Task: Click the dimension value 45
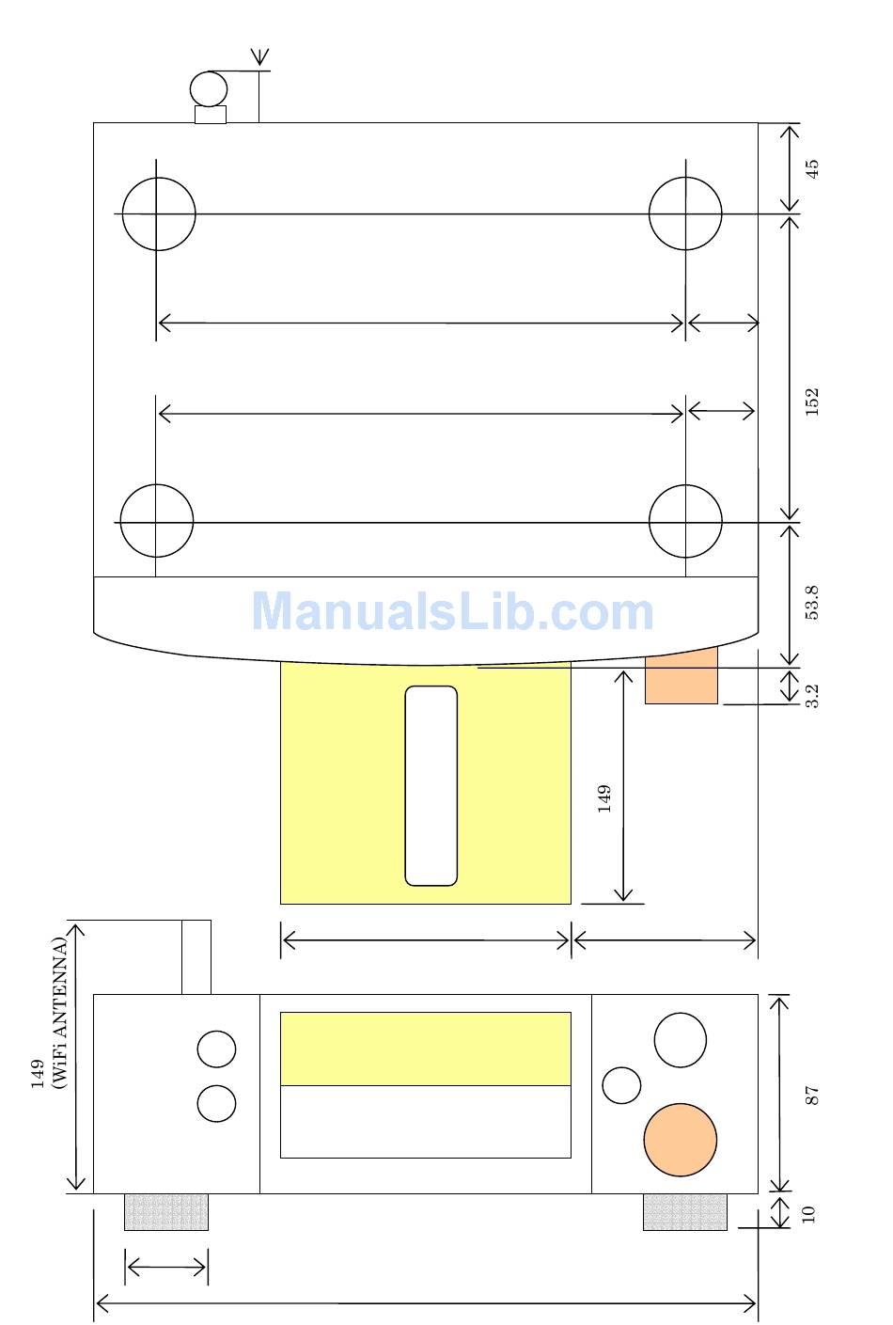click(812, 168)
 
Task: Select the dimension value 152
click(812, 402)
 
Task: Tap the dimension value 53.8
click(812, 603)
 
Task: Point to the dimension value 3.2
click(812, 696)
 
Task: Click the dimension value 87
click(811, 1096)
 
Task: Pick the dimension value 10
click(808, 1214)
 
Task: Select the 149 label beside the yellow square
click(603, 798)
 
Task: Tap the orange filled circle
click(681, 1140)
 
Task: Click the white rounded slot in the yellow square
click(431, 785)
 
